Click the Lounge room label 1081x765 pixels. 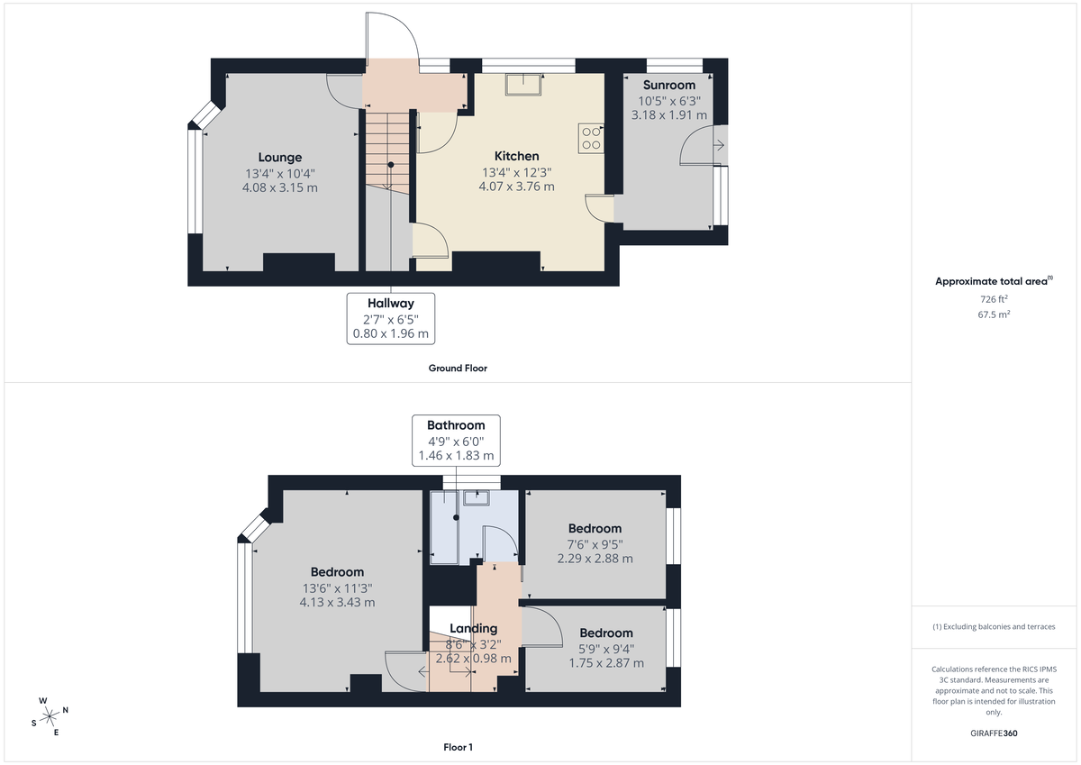(x=279, y=158)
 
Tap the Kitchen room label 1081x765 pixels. (x=516, y=156)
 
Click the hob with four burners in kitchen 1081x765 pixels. (x=592, y=137)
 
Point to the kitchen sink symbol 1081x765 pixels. (x=523, y=84)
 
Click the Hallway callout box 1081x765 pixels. (x=390, y=318)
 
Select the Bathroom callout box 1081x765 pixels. (x=456, y=440)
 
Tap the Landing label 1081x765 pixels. (x=473, y=629)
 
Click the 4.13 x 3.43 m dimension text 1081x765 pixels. (x=337, y=602)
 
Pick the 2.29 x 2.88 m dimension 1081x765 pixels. (x=595, y=559)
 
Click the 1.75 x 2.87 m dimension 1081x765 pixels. (x=605, y=663)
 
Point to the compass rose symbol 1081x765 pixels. (x=50, y=715)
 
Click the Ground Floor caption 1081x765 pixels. (x=458, y=369)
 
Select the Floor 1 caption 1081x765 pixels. (x=458, y=747)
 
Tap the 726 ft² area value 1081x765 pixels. (x=994, y=298)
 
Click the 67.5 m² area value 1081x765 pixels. (x=994, y=315)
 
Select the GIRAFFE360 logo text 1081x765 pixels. (x=994, y=733)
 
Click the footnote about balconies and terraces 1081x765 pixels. (x=994, y=626)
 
